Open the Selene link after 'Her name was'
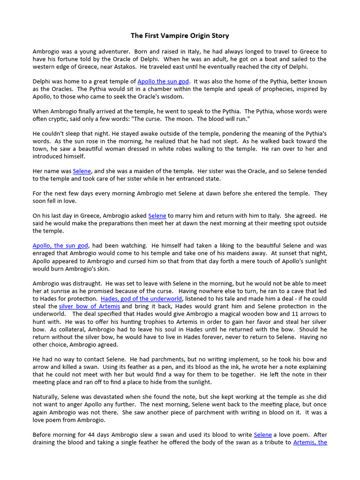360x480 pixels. click(82, 171)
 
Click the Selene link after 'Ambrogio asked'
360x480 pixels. click(157, 216)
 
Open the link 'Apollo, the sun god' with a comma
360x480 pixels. click(60, 246)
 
